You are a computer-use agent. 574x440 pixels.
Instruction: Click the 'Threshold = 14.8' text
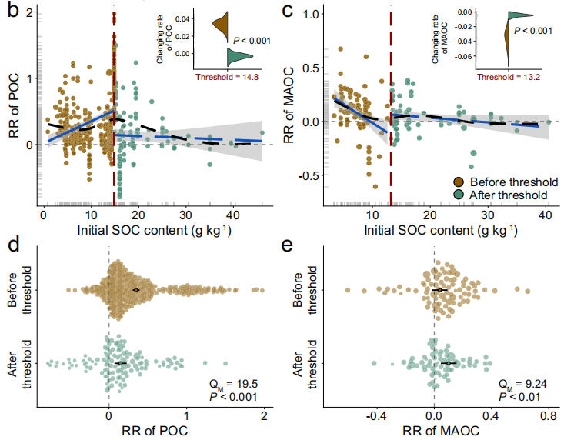point(228,77)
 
